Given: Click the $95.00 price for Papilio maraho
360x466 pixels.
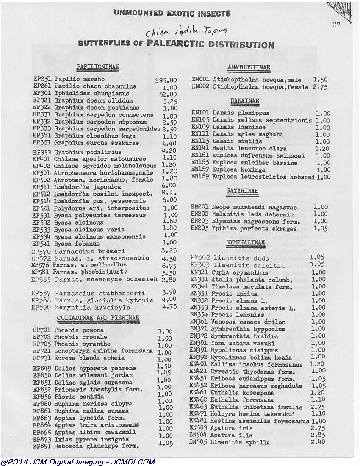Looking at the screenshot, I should click(x=166, y=80).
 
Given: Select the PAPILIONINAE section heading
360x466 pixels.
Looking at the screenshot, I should click(x=97, y=67).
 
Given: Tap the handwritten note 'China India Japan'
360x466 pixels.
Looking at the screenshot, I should click(x=186, y=32).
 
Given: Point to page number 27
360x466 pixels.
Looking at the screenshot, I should click(x=336, y=25).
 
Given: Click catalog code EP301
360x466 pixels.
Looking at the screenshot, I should click(x=42, y=94).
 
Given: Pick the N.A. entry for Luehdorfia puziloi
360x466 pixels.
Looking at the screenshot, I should click(x=169, y=193).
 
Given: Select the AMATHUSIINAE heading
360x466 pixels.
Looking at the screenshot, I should click(x=249, y=67).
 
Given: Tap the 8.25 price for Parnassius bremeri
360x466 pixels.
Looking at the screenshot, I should click(x=169, y=251).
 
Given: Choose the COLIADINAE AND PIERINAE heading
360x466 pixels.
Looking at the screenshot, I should click(x=98, y=317).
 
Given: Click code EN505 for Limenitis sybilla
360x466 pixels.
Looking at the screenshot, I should click(x=199, y=442).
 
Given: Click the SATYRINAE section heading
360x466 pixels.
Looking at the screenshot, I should click(x=242, y=191).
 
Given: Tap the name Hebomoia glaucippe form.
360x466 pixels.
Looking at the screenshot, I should click(x=97, y=446).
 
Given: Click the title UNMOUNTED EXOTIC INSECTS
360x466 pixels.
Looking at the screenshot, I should click(x=172, y=14).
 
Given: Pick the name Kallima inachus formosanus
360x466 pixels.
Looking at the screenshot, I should click(x=257, y=365).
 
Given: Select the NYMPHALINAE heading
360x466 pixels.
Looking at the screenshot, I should click(x=246, y=243).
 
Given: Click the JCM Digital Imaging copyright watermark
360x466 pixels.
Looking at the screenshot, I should click(x=78, y=462).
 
